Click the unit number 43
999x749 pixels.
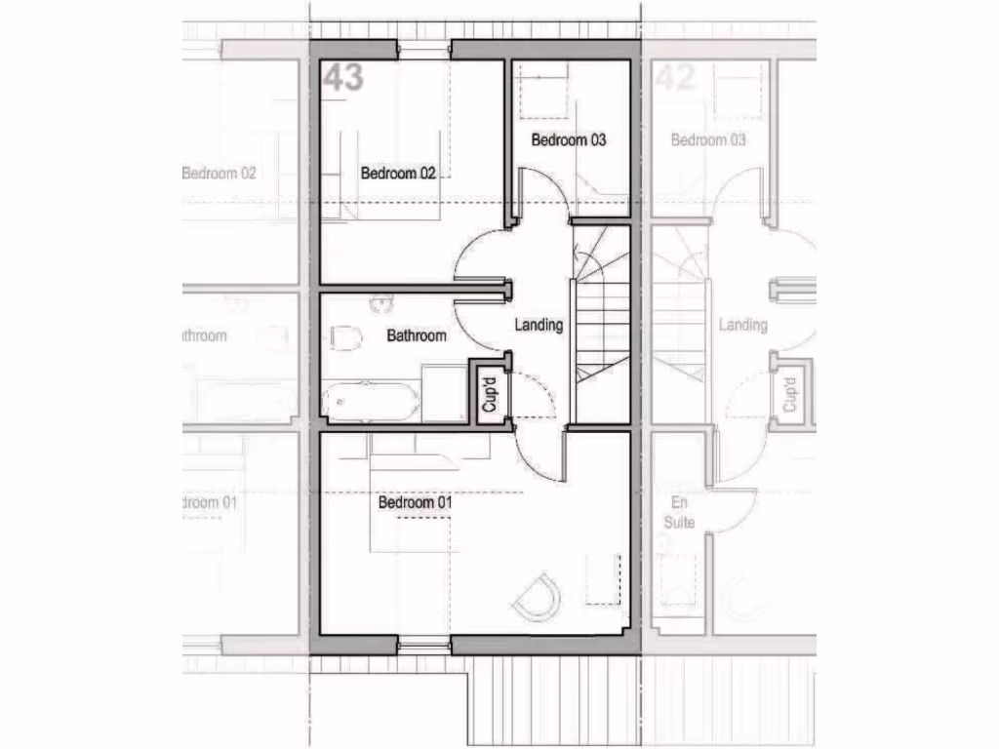343,78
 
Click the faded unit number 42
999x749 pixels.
675,78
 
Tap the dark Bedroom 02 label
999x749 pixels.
398,174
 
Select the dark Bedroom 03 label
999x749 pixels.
568,140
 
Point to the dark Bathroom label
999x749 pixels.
417,335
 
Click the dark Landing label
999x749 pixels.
539,325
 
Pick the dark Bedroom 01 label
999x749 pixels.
417,503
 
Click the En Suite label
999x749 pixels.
679,513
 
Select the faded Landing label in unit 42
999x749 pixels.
742,325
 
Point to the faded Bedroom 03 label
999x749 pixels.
708,140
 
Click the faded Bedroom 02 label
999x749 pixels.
220,174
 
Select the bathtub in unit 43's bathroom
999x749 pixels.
371,402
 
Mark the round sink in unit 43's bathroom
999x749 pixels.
380,304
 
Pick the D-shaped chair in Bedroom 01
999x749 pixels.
537,596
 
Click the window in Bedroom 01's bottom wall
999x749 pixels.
423,644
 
